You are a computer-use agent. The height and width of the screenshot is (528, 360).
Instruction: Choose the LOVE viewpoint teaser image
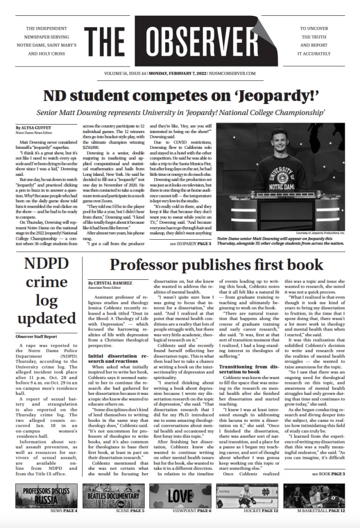pos(180,496)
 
